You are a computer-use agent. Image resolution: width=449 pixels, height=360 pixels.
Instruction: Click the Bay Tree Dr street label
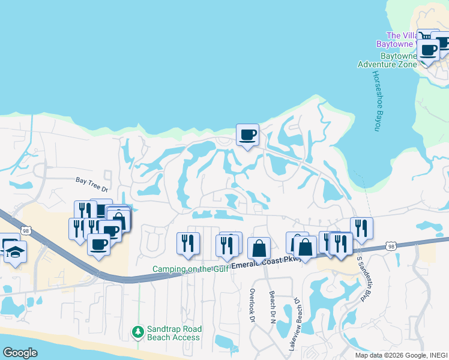tap(91, 179)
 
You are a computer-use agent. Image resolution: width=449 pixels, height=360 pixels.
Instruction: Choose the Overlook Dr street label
tap(253, 306)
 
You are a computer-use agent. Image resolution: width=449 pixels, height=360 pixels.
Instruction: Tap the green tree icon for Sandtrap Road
tap(138, 332)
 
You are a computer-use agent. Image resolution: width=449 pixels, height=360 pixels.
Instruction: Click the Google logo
tap(20, 353)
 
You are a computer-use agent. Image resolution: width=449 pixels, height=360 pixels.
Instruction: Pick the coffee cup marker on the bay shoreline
tap(247, 134)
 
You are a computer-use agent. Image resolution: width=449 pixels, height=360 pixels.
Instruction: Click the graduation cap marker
tap(15, 252)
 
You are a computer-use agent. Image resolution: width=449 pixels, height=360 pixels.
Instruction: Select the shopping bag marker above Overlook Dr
tap(259, 248)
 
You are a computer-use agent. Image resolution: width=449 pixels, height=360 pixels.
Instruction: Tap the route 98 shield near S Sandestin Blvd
tap(391, 247)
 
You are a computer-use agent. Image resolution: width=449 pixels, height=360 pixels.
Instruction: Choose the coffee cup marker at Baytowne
tap(429, 50)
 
